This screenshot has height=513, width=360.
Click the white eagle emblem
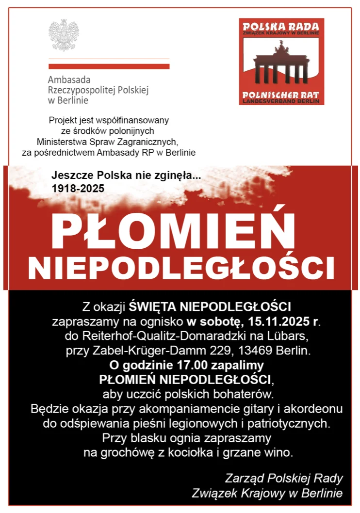[64, 35]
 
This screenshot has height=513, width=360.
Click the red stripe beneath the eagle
[109, 66]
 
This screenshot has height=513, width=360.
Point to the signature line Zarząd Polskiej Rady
[284, 478]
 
